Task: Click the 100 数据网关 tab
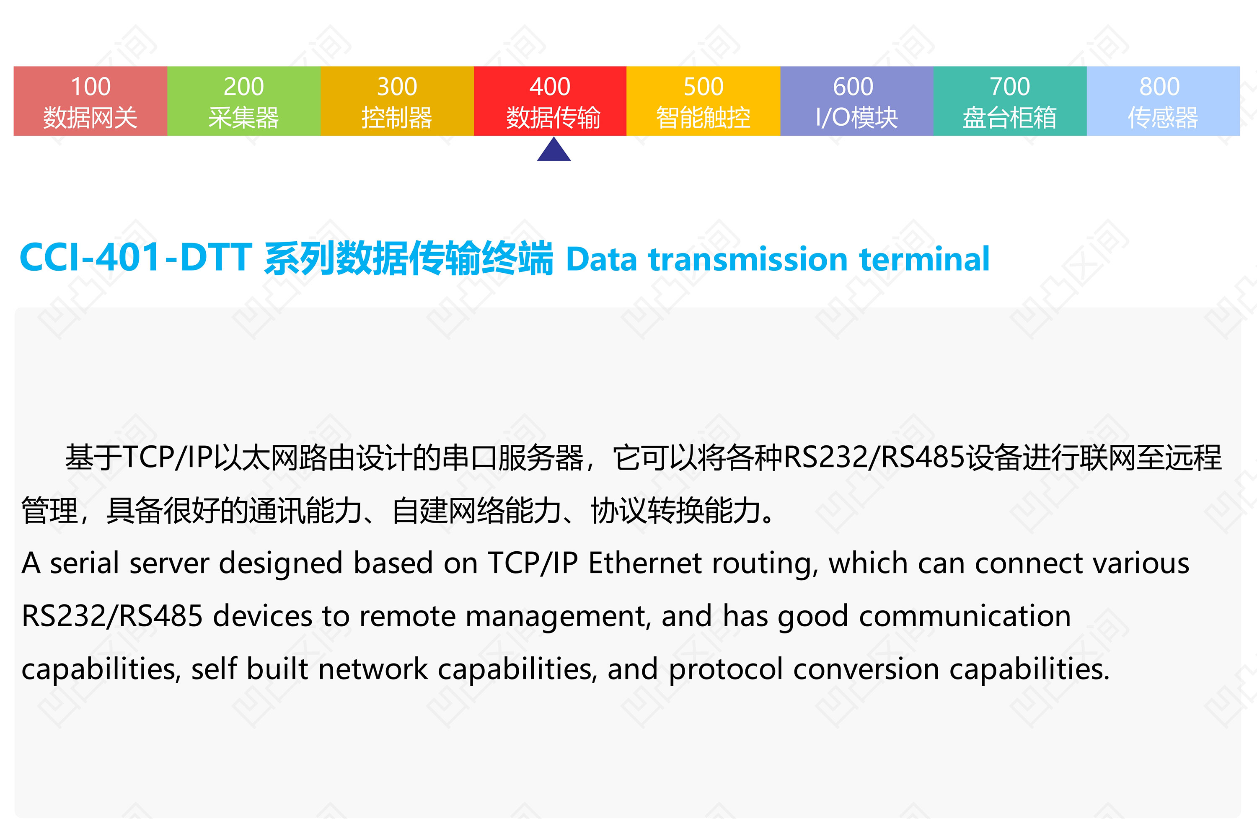(x=91, y=101)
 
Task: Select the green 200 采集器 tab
(x=244, y=101)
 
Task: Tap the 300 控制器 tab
(x=397, y=101)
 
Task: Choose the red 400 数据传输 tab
(x=550, y=101)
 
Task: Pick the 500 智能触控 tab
(x=704, y=101)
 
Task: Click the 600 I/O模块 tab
(x=857, y=101)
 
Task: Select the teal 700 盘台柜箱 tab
(x=1010, y=101)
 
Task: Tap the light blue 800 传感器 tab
(x=1164, y=101)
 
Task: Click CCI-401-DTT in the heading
(x=135, y=258)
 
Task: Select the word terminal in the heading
(x=924, y=259)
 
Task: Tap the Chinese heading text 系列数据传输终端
(x=408, y=258)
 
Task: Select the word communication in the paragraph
(x=965, y=616)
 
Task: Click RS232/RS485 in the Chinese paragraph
(x=874, y=457)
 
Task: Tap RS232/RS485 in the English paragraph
(x=112, y=616)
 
